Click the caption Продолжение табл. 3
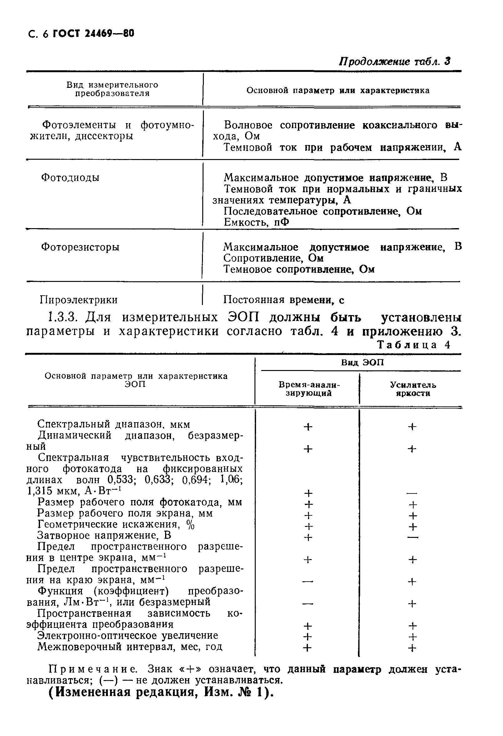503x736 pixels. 394,62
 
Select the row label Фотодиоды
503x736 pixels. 70,178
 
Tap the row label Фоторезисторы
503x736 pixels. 80,247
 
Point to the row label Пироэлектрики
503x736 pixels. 78,300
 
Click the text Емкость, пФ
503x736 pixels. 256,222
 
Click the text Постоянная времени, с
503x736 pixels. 284,300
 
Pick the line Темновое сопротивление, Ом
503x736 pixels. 299,269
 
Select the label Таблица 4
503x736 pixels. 414,345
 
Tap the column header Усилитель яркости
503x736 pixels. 413,389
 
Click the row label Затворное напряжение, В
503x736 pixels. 104,535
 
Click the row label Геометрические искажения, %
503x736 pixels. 116,524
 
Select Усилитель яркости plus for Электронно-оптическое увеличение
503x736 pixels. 412,637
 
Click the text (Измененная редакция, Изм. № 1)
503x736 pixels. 161,692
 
